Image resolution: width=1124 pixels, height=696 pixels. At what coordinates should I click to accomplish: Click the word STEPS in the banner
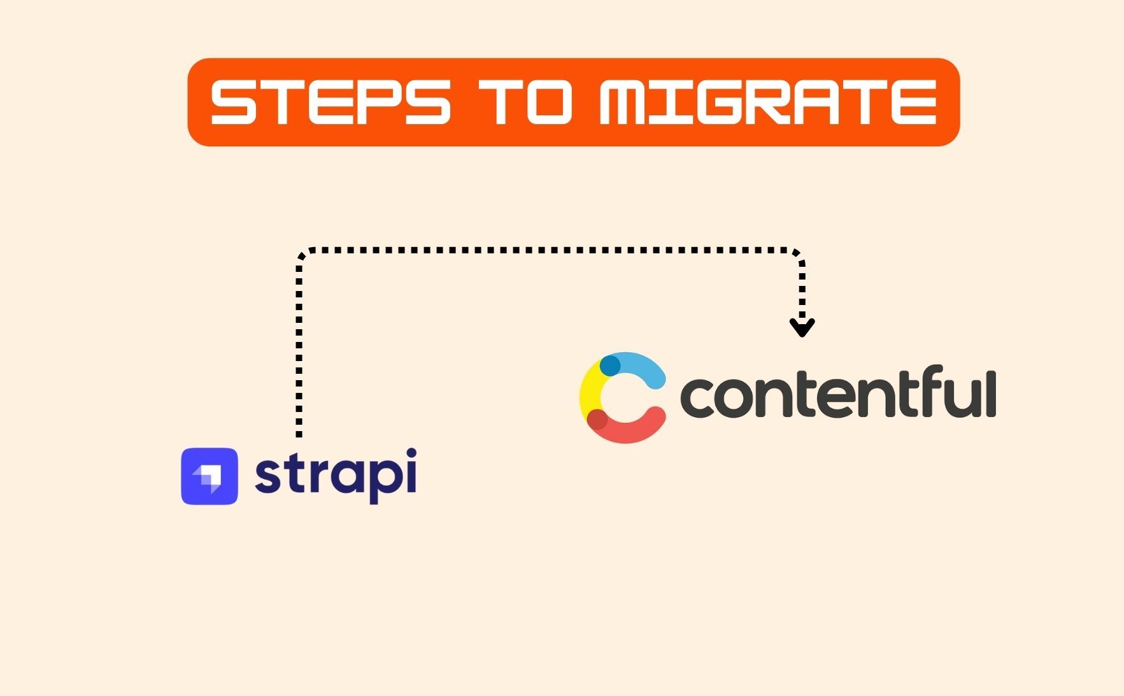coord(331,102)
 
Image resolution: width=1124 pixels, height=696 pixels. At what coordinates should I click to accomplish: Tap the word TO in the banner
coord(525,102)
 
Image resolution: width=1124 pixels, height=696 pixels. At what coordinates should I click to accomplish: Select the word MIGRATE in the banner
coord(767,102)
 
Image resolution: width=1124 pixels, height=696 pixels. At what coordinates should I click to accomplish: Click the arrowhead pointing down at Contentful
coord(802,328)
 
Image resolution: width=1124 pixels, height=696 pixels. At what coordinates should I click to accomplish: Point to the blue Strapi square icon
coord(210,476)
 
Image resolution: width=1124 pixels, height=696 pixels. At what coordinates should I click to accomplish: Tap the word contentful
coord(838,393)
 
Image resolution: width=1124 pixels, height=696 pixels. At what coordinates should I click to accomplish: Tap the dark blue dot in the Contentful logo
coord(610,366)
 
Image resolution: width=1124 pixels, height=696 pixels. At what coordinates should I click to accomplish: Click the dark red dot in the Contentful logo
coord(597,420)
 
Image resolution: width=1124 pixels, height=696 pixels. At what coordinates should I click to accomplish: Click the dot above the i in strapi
coord(411,453)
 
